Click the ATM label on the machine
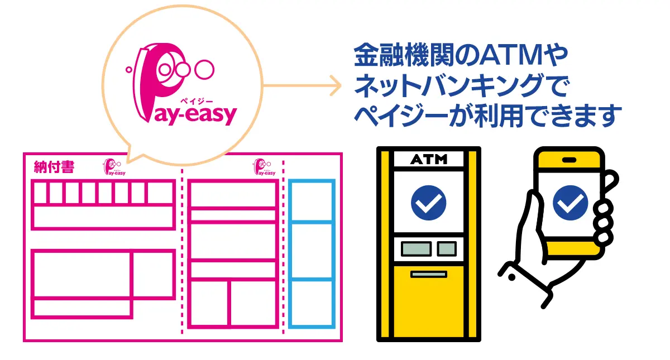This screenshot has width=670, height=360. click(x=429, y=160)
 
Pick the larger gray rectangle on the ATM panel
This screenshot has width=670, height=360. click(x=416, y=248)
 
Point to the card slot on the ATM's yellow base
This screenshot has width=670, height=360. click(x=428, y=274)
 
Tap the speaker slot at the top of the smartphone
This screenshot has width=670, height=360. click(x=569, y=160)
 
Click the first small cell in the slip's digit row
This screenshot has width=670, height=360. click(x=40, y=193)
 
